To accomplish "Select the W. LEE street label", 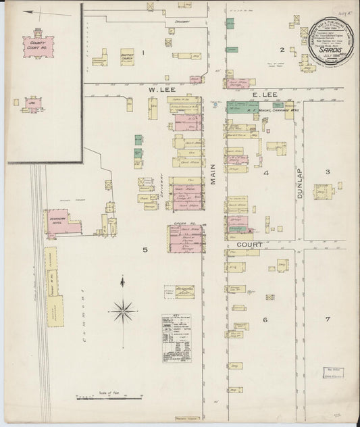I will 151,88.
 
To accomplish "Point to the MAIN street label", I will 215,174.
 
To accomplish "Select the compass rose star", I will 122,311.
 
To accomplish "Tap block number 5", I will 145,251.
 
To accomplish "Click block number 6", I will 265,319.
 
